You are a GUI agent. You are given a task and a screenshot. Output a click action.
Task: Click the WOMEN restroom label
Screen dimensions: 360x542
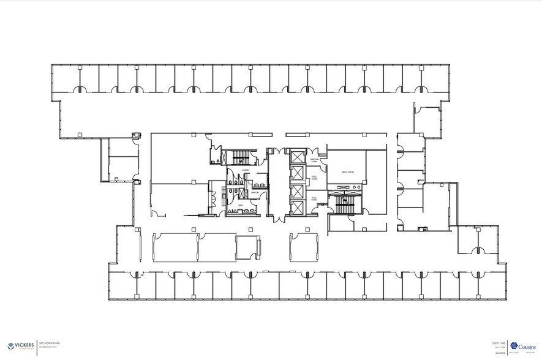[x=246, y=170]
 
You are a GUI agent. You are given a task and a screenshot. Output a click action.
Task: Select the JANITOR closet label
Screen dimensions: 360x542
[x=255, y=192]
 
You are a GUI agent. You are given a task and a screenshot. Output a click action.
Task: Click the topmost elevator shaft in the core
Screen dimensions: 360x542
[x=298, y=158]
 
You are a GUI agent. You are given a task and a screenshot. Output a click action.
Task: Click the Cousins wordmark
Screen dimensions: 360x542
[x=527, y=347]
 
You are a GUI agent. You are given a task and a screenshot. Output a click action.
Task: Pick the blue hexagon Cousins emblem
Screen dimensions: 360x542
[x=514, y=347]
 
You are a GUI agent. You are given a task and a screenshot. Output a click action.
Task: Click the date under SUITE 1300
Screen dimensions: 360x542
[x=499, y=347]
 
